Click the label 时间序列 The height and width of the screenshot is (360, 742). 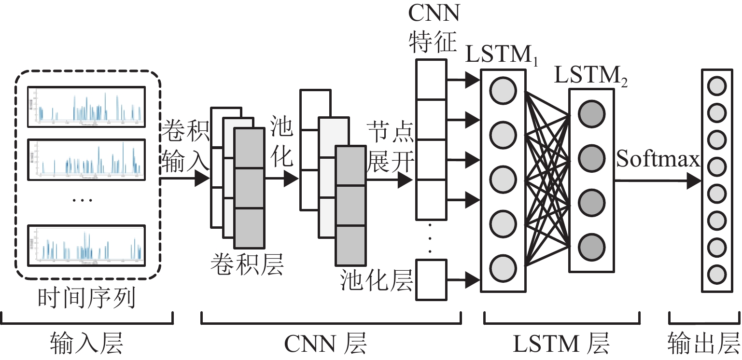87,299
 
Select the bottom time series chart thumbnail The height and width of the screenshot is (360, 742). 86,244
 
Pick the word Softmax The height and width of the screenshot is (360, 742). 658,159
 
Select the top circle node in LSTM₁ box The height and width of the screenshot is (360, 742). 503,90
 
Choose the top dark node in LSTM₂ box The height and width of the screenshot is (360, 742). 591,114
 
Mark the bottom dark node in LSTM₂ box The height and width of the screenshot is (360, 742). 591,244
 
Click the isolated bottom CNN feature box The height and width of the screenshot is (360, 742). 431,279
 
